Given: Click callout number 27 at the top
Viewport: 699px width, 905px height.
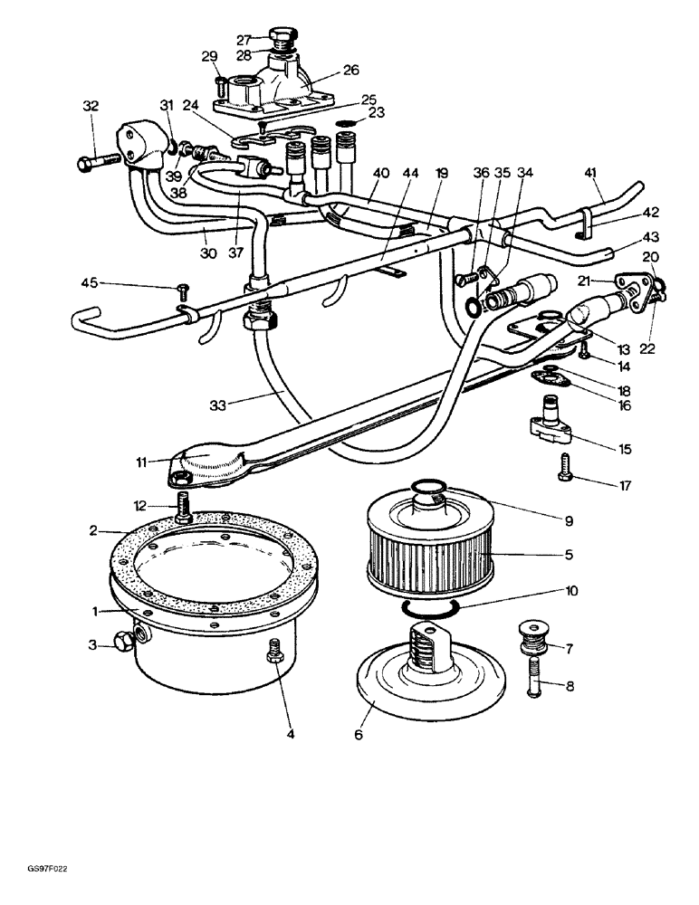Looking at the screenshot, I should (x=243, y=40).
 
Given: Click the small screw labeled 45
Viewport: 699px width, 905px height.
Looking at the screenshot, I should (x=183, y=290).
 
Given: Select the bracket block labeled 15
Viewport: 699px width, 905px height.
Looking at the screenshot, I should (x=551, y=429).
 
